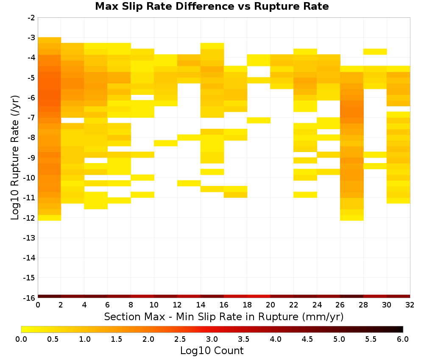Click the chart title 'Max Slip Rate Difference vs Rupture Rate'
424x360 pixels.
[x=212, y=6]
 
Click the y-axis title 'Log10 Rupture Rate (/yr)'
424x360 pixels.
[x=15, y=158]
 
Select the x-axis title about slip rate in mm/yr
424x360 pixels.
[x=224, y=316]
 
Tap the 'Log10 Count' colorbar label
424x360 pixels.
[x=212, y=351]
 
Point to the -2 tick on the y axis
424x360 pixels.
[x=31, y=18]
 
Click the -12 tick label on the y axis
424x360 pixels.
[x=30, y=218]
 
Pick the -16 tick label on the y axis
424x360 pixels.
[x=30, y=298]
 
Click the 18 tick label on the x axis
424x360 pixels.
[x=247, y=305]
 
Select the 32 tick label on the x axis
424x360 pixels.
[x=410, y=305]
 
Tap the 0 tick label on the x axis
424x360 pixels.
[x=38, y=305]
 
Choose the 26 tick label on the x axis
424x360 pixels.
[x=340, y=305]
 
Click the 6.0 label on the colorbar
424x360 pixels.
[x=403, y=339]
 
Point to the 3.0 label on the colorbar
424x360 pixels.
[x=212, y=339]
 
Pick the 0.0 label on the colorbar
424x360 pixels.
[x=21, y=339]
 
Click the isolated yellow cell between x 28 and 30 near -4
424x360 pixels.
[x=375, y=52]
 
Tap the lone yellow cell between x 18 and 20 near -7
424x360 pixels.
[x=259, y=120]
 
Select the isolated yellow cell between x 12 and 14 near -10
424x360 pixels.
[x=189, y=183]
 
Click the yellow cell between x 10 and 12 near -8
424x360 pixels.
[x=166, y=143]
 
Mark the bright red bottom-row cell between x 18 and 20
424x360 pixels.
[x=259, y=296]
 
